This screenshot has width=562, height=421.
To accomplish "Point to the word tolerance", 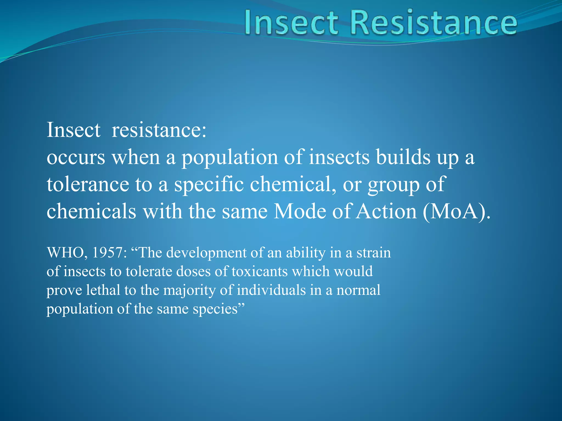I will (88, 184).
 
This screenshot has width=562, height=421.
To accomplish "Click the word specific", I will (209, 185).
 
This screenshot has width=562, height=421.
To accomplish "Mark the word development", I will (206, 253).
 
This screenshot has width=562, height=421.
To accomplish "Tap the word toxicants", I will (260, 271).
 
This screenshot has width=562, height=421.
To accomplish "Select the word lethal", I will (103, 290).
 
